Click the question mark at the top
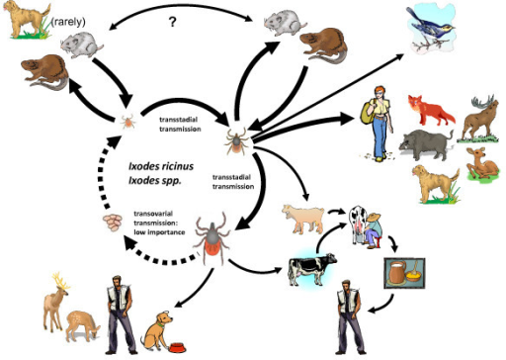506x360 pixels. pos(173,22)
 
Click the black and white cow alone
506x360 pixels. pos(312,268)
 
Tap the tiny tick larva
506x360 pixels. pos(127,123)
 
